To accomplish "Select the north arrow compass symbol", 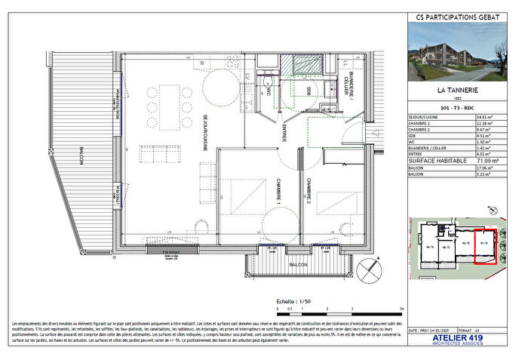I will (369, 269).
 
